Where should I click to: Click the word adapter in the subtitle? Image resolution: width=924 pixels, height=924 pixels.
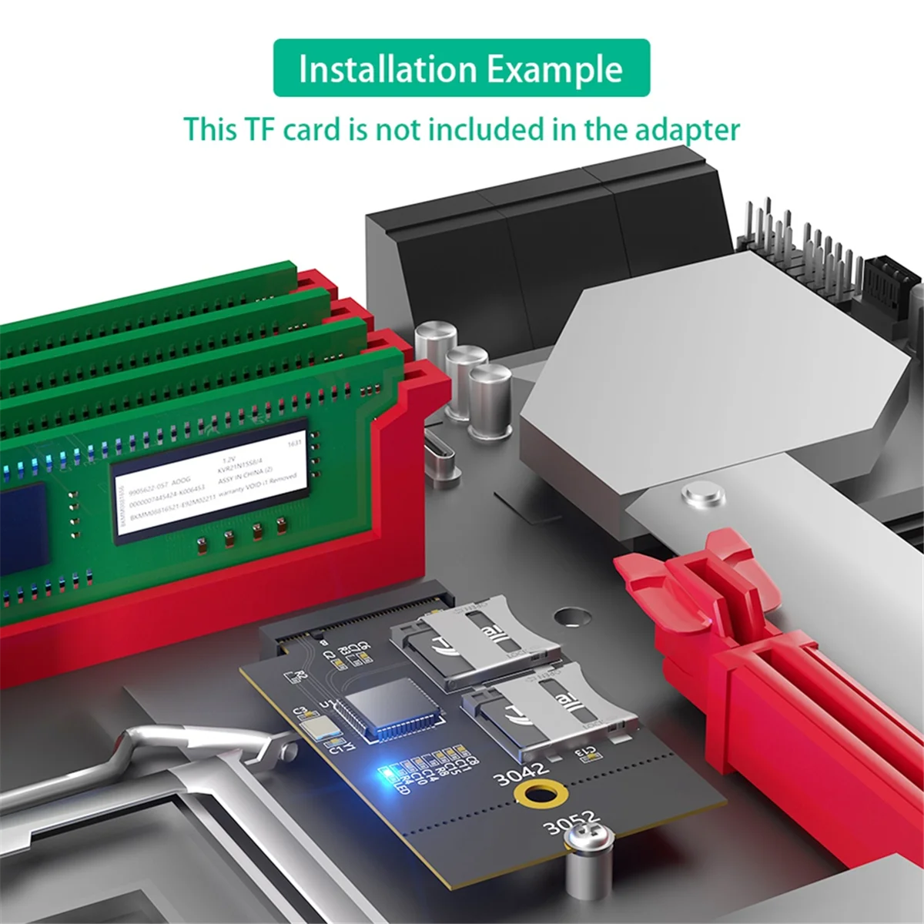pyautogui.click(x=687, y=129)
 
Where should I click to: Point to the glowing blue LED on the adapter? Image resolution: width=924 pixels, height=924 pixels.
pyautogui.click(x=383, y=772)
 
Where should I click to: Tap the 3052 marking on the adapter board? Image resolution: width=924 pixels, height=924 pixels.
pyautogui.click(x=571, y=822)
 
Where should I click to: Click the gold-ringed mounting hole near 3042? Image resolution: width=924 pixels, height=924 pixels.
pyautogui.click(x=537, y=795)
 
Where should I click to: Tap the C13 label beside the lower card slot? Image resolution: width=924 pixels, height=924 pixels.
pyautogui.click(x=588, y=752)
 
